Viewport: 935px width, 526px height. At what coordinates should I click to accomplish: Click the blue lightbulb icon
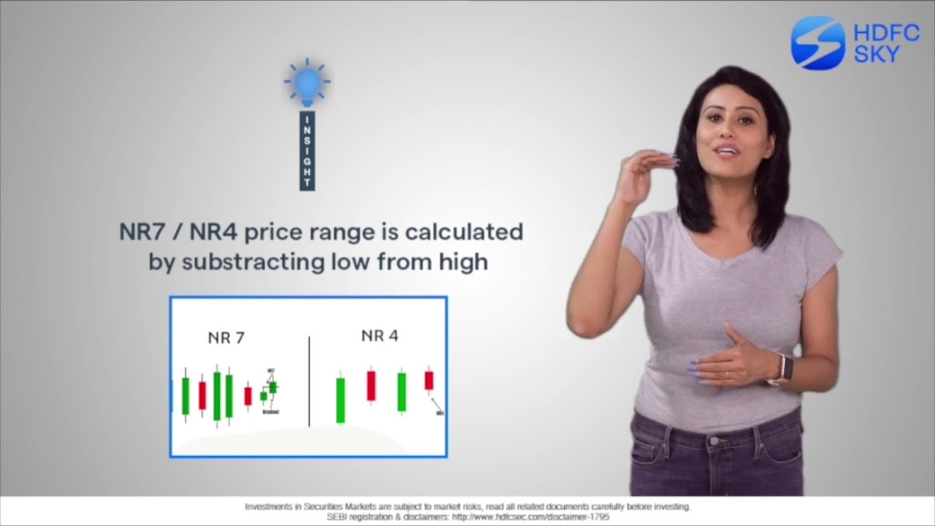(307, 83)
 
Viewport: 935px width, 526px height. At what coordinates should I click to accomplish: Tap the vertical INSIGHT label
(308, 151)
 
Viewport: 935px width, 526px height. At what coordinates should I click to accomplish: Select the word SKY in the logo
(877, 54)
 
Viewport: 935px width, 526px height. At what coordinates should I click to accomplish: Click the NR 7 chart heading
(226, 338)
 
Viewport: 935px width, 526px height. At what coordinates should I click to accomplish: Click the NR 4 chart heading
(380, 336)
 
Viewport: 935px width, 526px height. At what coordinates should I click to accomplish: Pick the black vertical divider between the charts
(309, 381)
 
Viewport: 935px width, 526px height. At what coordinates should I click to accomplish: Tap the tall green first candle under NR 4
(340, 399)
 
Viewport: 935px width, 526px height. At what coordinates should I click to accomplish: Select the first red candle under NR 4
(371, 386)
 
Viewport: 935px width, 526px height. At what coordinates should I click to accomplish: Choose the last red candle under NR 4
(429, 380)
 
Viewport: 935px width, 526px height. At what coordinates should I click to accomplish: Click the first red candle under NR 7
(202, 394)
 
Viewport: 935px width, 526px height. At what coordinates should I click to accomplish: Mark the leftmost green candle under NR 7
(186, 395)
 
